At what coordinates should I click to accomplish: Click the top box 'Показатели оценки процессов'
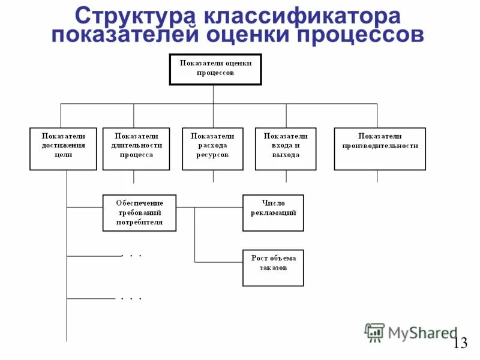tap(215, 68)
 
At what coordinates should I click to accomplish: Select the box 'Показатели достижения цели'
tap(63, 149)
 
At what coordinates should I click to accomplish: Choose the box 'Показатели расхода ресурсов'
tap(212, 149)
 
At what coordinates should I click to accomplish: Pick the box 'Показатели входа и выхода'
tap(286, 149)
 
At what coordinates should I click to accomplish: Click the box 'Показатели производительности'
tap(380, 149)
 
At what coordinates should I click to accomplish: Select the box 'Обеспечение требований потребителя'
tap(139, 212)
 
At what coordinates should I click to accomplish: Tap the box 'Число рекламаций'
tap(273, 212)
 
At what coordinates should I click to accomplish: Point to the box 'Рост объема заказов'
tap(273, 268)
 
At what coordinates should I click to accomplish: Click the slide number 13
tap(460, 343)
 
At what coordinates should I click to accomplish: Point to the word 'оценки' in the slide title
tap(246, 34)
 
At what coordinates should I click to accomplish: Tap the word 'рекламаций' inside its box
tap(273, 213)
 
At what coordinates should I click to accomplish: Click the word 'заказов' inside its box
tap(273, 268)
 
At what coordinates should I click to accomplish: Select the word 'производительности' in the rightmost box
tap(380, 146)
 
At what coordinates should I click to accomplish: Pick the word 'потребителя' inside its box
tap(139, 222)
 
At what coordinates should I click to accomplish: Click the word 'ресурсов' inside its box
tap(212, 155)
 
